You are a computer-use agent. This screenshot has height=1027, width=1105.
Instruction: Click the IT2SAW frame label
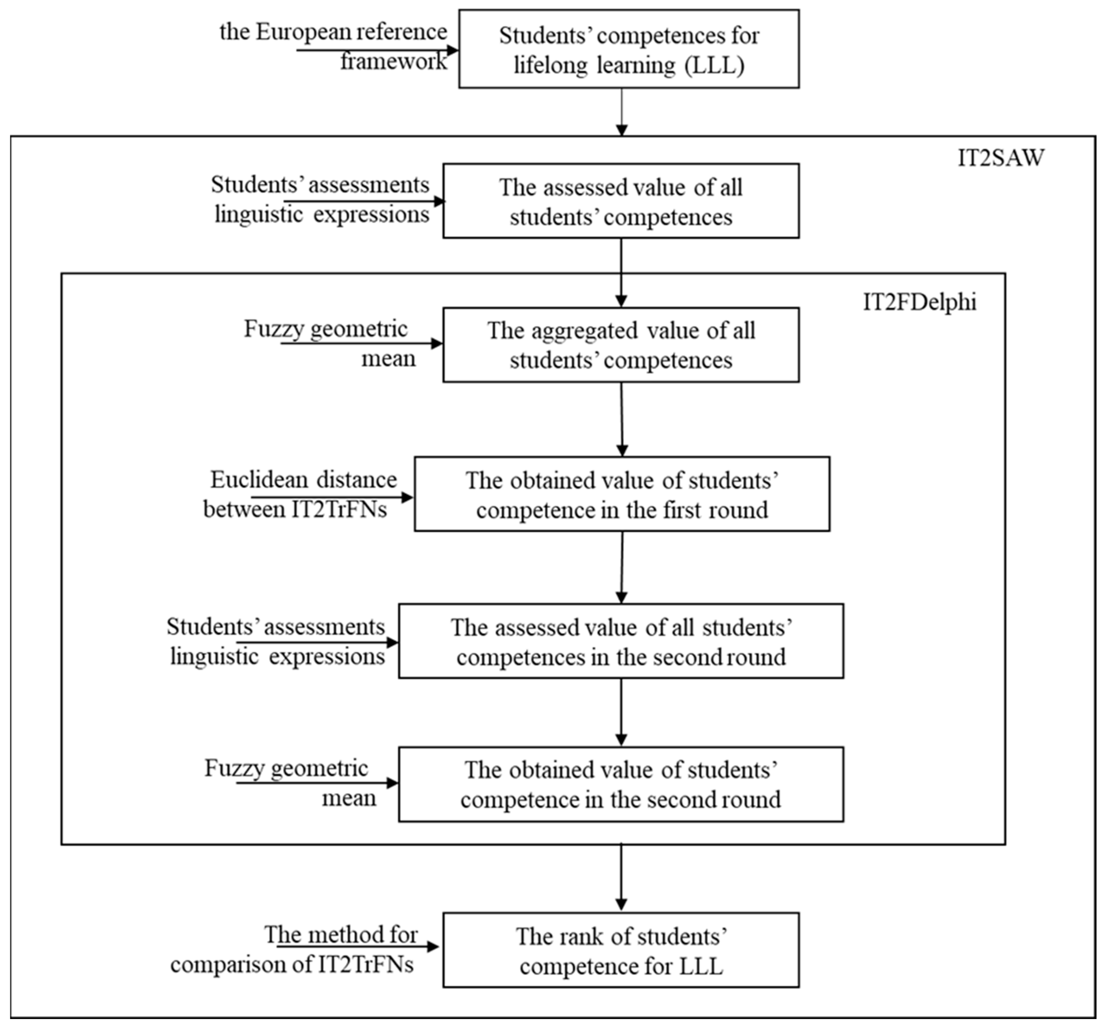point(1000,159)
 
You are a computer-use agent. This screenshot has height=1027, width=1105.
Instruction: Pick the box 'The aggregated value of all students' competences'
point(620,345)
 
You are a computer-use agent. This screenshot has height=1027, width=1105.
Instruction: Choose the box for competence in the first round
point(622,495)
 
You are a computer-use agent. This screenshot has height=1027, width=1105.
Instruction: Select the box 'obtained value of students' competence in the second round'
point(620,785)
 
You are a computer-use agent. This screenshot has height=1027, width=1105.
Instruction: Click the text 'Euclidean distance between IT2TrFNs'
point(300,495)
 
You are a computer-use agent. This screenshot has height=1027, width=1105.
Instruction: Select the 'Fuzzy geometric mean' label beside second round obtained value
point(289,783)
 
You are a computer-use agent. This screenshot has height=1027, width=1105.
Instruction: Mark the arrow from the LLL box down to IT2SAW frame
point(622,111)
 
